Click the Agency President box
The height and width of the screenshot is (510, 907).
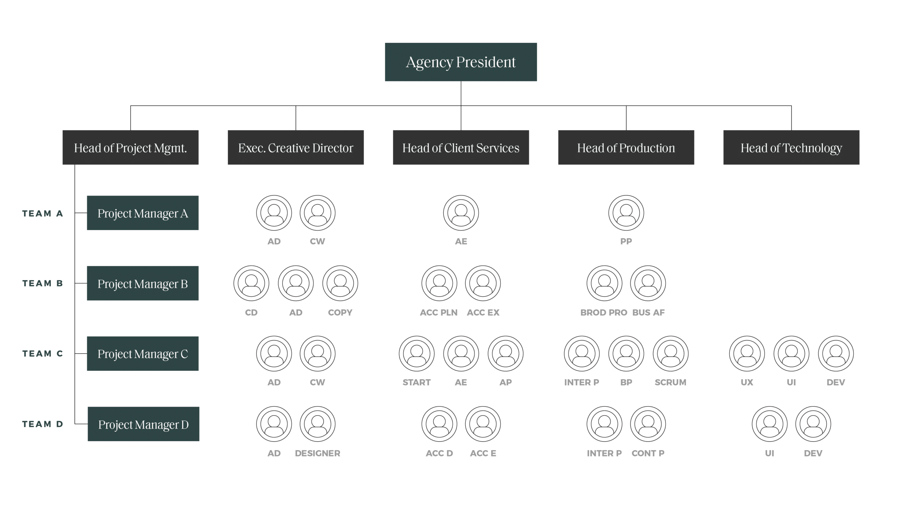[x=460, y=62]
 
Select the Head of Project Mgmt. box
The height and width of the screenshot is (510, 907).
[x=130, y=147]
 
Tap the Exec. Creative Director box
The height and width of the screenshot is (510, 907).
[x=296, y=147]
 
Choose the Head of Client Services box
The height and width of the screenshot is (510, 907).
[x=461, y=147]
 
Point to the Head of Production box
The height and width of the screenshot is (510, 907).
[x=626, y=147]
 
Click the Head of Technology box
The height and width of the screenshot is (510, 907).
[x=791, y=147]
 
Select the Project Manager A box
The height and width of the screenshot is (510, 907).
[x=143, y=213]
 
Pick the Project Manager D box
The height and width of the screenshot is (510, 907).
[x=143, y=424]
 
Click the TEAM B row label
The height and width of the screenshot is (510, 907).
[x=43, y=283]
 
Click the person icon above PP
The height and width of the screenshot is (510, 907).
[x=626, y=213]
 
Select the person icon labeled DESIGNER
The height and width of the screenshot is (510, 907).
[x=317, y=424]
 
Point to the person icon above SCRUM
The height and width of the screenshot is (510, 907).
[x=670, y=354]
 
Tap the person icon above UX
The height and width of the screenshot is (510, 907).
[x=747, y=354]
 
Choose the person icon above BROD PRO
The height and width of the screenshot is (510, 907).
[x=604, y=283]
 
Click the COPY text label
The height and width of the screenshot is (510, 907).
[x=340, y=313]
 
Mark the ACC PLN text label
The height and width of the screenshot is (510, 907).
[x=439, y=313]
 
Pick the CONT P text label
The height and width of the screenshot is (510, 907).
[x=648, y=453]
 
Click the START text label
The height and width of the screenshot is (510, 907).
[x=417, y=382]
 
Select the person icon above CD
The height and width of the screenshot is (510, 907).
[x=251, y=283]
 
